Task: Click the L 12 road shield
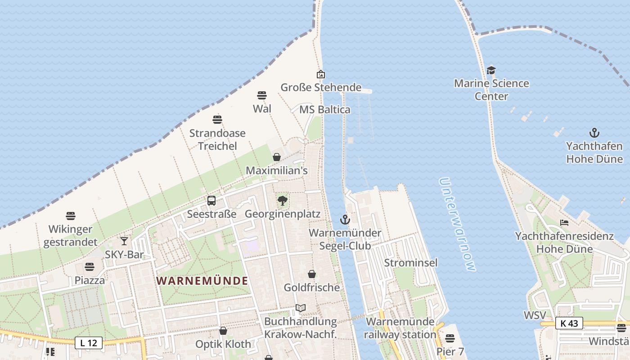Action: coord(89,343)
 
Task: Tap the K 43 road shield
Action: coord(569,323)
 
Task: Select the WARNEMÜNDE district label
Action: coord(202,280)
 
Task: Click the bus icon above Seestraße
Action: coord(211,201)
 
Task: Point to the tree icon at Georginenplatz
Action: coord(283,201)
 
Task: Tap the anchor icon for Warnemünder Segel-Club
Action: coord(345,220)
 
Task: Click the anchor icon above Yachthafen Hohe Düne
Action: coord(594,133)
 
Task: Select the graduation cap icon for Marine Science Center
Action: coord(491,70)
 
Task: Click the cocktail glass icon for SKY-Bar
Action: coord(124,241)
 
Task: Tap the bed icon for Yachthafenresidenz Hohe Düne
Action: coord(564,223)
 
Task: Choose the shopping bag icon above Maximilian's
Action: coord(277,157)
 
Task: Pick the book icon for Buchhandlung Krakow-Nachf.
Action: coord(301,308)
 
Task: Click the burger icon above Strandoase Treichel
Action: coord(217,120)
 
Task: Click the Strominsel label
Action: coord(411,262)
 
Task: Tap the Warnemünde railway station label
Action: coord(400,328)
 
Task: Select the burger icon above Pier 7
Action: coord(450,338)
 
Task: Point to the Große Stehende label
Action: coord(321,87)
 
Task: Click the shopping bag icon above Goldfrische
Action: coord(311,274)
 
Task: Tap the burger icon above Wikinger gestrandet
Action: coord(71,216)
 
